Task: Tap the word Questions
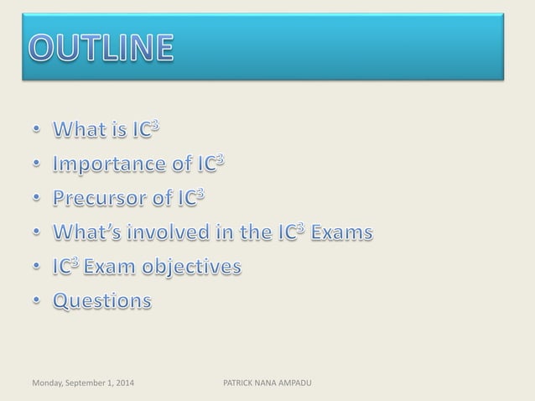pyautogui.click(x=103, y=299)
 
